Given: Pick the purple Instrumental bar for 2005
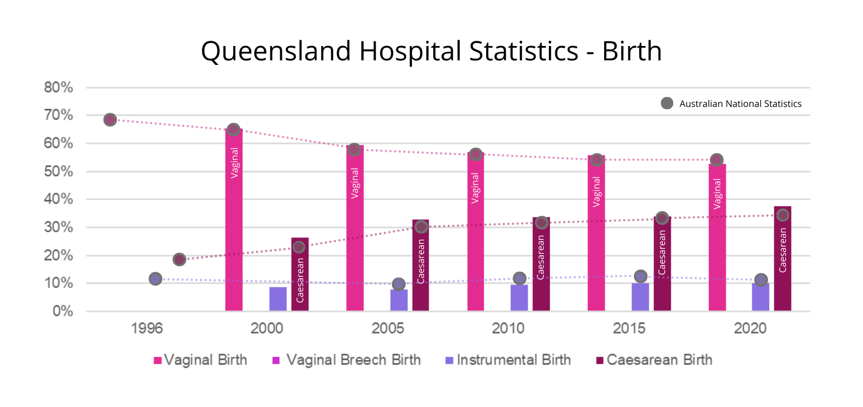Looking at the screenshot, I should tap(399, 300).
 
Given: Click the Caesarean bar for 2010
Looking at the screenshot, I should tap(541, 264).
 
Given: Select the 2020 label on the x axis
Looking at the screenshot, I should tap(750, 329).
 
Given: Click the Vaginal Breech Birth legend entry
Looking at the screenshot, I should tap(346, 360).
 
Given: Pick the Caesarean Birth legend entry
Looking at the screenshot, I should tap(653, 360).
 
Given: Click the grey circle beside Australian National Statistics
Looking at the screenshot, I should tap(667, 104).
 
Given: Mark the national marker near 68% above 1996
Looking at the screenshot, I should tap(110, 120).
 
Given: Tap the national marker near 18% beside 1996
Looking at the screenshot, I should tap(179, 259).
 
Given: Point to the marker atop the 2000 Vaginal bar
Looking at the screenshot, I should tap(233, 129).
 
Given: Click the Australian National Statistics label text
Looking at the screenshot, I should tap(740, 104).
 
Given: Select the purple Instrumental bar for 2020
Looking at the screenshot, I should tap(761, 297).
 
